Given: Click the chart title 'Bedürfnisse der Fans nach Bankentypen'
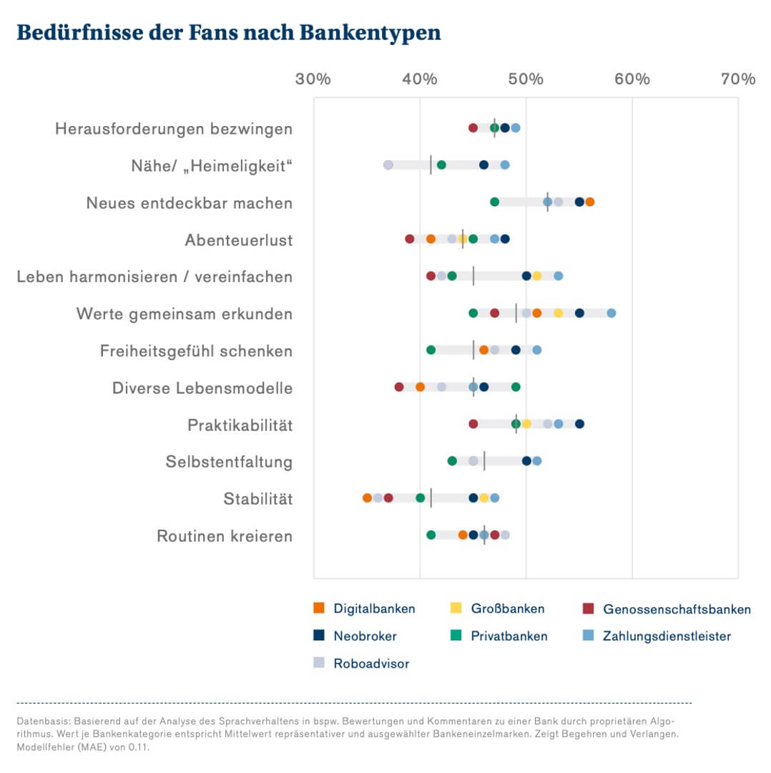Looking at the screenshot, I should click(x=228, y=32).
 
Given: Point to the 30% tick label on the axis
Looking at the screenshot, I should click(x=313, y=79).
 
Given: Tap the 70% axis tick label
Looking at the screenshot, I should click(x=738, y=79).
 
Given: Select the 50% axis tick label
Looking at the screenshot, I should click(x=526, y=79).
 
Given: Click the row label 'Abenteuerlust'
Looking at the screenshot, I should click(x=238, y=240).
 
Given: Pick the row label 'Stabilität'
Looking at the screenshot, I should click(x=257, y=499).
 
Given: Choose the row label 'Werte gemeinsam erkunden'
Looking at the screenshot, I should click(x=184, y=313).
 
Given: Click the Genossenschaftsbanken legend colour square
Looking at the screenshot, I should click(x=588, y=608).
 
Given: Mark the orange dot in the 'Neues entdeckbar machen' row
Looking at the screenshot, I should click(x=590, y=202).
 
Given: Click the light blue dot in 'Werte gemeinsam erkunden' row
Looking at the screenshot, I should click(x=612, y=313).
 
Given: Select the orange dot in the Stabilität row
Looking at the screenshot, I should click(x=367, y=497).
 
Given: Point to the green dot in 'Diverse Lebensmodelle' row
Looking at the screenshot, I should click(x=516, y=386).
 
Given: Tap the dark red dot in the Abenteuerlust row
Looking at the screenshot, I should click(x=409, y=238).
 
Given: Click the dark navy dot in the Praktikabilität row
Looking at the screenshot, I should click(x=579, y=424).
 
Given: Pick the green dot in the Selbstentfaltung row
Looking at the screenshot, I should click(x=452, y=461).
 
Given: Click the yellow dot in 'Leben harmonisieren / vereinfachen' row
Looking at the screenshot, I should click(x=536, y=276).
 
